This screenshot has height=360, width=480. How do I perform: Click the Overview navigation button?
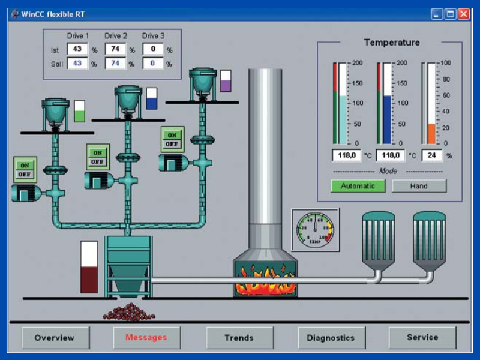point(55,338)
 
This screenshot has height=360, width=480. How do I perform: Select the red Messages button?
point(146,338)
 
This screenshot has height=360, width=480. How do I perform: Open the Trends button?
point(239,338)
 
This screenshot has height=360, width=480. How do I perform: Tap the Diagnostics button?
point(331,338)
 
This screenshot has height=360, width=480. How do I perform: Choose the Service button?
point(422,337)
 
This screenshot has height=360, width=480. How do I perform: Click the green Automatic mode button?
point(358,186)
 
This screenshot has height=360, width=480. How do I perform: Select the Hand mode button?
point(419,186)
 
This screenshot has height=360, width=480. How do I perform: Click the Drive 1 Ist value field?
point(77,50)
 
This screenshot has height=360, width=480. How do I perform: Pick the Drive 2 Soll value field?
point(115,64)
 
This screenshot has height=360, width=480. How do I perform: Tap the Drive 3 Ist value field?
point(153,50)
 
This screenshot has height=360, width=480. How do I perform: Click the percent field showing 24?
point(431,155)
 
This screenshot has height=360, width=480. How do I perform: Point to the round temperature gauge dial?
point(315,229)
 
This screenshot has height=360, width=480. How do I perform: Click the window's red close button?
point(464,14)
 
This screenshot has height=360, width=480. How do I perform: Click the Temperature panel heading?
point(392,43)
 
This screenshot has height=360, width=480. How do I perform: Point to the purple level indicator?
point(226,81)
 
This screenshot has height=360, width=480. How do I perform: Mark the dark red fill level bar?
point(89,280)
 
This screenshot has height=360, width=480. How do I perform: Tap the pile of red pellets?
point(129,311)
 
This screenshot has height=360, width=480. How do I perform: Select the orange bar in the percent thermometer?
point(431,133)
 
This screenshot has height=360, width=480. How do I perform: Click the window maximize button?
point(450,14)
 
